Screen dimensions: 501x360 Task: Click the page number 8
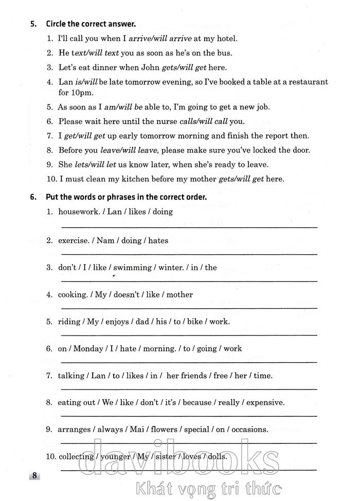coord(34,475)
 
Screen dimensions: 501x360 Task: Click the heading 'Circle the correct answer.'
coord(91,24)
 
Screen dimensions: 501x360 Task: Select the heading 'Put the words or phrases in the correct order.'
coord(126,197)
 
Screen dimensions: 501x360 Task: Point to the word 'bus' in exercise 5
coord(225,52)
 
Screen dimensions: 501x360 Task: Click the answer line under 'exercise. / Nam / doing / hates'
coord(189,253)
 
